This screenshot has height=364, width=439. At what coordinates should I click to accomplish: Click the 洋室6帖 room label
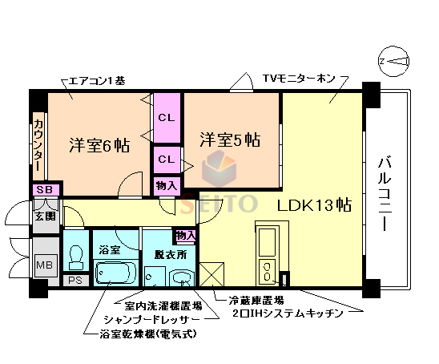pyautogui.click(x=99, y=146)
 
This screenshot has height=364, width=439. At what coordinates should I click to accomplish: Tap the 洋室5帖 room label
pyautogui.click(x=229, y=139)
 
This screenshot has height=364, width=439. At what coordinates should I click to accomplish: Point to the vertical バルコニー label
pyautogui.click(x=385, y=190)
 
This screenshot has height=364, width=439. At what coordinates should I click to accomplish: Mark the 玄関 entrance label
pyautogui.click(x=43, y=215)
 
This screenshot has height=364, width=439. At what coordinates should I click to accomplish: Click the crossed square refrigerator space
pyautogui.click(x=211, y=275)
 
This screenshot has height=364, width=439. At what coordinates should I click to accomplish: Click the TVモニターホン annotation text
pyautogui.click(x=300, y=79)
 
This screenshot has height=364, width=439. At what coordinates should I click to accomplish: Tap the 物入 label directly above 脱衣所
pyautogui.click(x=185, y=236)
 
